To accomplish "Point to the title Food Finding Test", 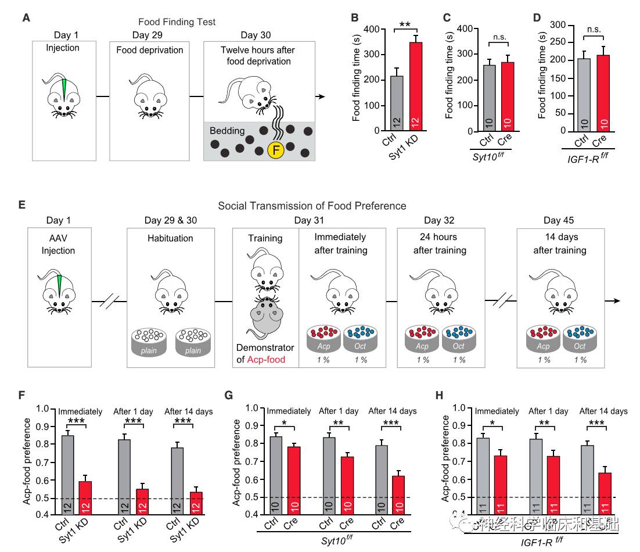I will tap(177, 22).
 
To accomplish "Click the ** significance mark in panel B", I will tap(405, 25).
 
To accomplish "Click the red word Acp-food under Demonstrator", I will tap(265, 360).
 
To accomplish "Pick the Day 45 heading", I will tap(559, 220).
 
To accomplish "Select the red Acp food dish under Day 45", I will tap(543, 338).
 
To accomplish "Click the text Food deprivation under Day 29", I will tap(149, 50).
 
